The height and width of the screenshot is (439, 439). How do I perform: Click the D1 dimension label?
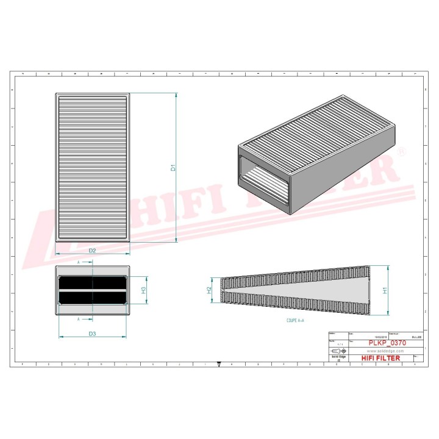[x=173, y=167]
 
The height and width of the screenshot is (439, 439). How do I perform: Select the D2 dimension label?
[x=92, y=251]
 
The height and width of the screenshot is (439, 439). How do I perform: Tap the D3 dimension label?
[x=92, y=334]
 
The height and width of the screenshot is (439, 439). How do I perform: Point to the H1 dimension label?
[x=385, y=291]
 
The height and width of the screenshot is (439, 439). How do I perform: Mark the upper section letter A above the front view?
[x=79, y=262]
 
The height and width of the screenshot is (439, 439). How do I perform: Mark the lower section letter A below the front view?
[x=79, y=319]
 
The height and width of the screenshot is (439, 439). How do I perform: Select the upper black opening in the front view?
[x=92, y=283]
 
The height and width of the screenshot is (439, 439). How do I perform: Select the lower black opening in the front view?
[x=92, y=298]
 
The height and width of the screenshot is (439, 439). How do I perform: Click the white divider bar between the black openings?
[x=92, y=290]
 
